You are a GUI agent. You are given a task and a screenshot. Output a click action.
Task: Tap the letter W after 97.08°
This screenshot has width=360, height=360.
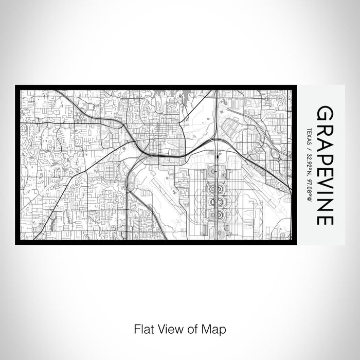[x=310, y=193]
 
